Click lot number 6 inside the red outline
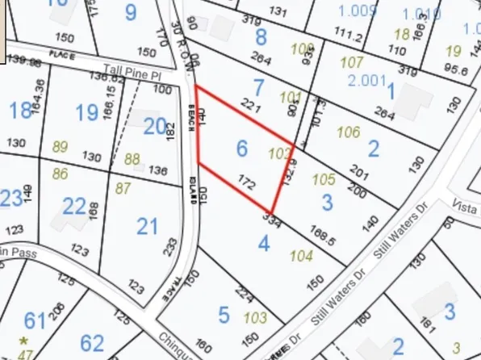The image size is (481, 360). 240,148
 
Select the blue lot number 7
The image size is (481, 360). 258,87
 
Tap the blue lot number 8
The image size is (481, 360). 261,36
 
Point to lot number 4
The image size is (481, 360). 263,241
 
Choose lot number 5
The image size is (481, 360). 224,313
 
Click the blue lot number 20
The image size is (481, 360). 154,126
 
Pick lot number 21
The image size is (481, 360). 147,226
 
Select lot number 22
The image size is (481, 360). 74,207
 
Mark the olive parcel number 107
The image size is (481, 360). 352,62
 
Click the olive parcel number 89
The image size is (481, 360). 60,146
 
